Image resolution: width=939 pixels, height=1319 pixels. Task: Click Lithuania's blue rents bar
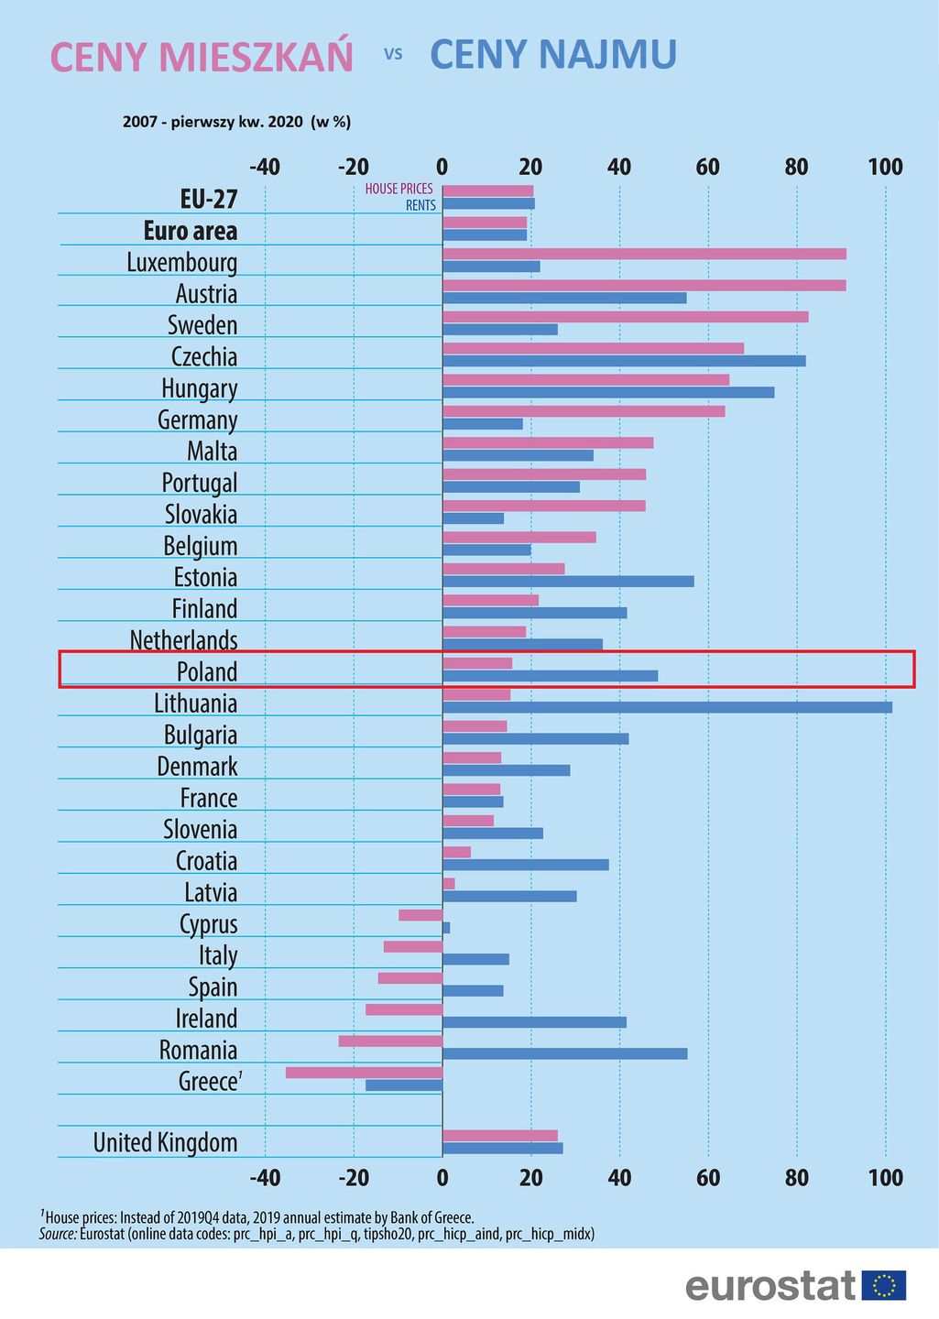coord(667,707)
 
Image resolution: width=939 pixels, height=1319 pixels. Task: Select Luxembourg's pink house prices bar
coord(644,254)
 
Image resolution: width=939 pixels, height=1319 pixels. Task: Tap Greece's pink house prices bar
coord(364,1073)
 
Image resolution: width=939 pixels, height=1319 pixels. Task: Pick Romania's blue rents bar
coord(564,1054)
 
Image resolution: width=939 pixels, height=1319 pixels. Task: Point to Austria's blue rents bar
coord(564,298)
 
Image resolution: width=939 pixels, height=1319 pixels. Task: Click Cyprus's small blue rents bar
coord(446,928)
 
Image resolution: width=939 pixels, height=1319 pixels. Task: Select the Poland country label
coord(207,671)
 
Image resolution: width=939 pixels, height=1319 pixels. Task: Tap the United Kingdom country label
coord(165,1142)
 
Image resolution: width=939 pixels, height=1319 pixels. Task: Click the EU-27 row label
coord(209,199)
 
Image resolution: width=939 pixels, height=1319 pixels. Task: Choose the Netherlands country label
coord(183,639)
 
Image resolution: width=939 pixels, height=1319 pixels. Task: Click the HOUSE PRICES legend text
coord(399,189)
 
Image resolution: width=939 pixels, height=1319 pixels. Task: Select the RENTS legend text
coord(420,205)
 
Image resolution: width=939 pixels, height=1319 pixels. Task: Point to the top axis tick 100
coord(885,167)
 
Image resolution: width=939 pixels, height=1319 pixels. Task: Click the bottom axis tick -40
coord(265,1177)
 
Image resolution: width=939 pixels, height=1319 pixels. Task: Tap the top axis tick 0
coord(442,167)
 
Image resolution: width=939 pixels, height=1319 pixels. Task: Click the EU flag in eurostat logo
coord(884,1285)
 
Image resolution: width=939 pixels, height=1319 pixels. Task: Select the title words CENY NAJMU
coord(553,55)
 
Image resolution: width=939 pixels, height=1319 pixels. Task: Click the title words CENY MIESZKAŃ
coord(202,57)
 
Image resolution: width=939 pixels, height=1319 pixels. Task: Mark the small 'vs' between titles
coord(393,54)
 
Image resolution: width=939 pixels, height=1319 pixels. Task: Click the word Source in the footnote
coord(57,1234)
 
